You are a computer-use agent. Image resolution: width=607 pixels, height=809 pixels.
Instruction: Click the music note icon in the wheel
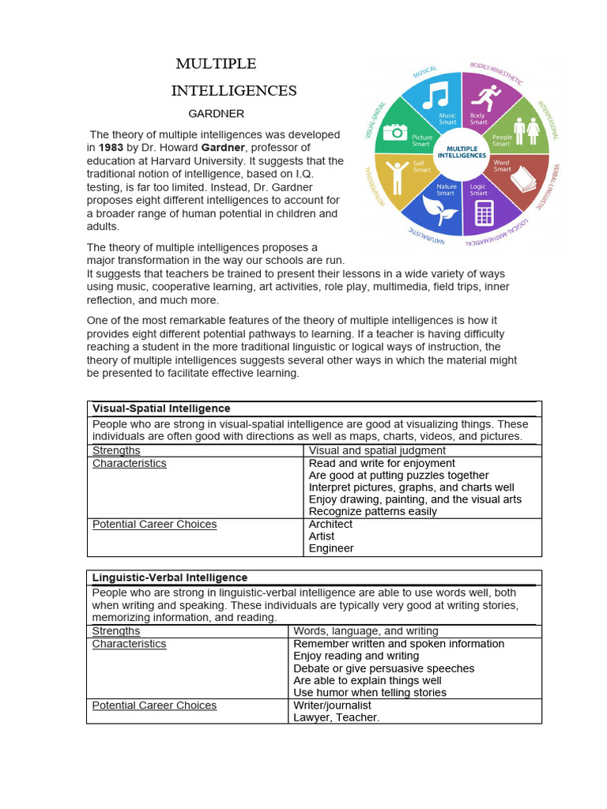pos(435,96)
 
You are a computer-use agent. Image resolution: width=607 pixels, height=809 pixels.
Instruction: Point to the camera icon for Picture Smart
pos(395,131)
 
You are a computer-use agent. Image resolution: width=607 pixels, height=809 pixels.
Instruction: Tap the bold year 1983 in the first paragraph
pos(111,148)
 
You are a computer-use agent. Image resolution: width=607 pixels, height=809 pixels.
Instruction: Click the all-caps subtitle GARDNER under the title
pos(216,114)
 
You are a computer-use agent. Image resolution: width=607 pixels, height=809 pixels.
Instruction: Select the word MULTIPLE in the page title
pos(216,64)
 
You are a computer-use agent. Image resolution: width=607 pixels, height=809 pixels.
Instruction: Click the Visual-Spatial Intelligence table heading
pos(161,408)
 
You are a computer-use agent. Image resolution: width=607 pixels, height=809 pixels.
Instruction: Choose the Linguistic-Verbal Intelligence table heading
pos(170,578)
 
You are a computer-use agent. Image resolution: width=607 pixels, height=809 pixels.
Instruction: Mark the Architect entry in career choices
pos(330,525)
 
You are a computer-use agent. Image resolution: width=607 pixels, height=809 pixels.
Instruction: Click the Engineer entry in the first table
pos(331,548)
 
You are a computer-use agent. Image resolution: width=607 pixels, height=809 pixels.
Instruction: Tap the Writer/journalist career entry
pos(332,706)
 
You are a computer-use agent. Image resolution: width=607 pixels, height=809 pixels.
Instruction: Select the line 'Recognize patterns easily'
pos(372,511)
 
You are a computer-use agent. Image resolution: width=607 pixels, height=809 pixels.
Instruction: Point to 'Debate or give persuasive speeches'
pos(383,668)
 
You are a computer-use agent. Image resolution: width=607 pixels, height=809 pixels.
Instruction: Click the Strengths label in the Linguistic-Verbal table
pos(116,631)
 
